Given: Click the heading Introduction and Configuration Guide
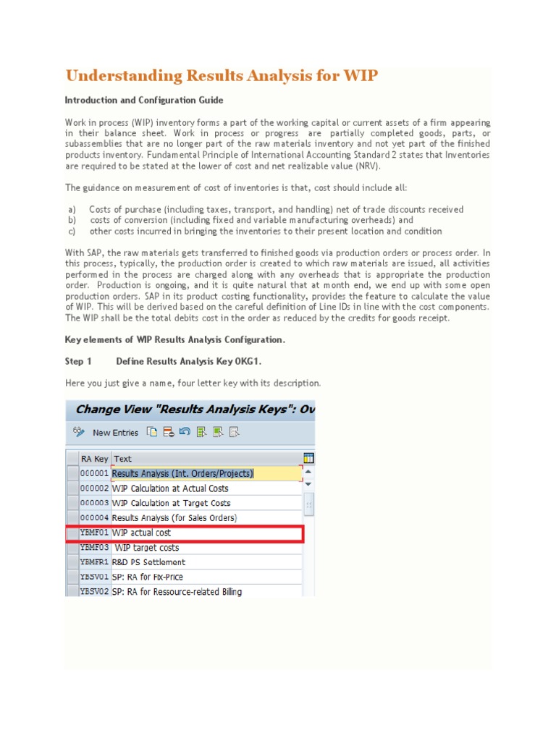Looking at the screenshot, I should pyautogui.click(x=143, y=100).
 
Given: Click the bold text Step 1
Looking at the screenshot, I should pyautogui.click(x=78, y=361).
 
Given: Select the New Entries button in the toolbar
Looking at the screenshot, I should pyautogui.click(x=115, y=433).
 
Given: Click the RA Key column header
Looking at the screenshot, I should pyautogui.click(x=94, y=459).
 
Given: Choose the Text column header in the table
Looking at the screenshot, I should pyautogui.click(x=123, y=459).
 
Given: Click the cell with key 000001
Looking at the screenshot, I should pyautogui.click(x=94, y=474).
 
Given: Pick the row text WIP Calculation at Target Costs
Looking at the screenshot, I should pyautogui.click(x=171, y=504).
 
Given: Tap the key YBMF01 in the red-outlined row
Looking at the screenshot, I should pyautogui.click(x=94, y=533).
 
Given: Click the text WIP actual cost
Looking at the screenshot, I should pyautogui.click(x=142, y=533).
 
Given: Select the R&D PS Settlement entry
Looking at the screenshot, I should pyautogui.click(x=148, y=562).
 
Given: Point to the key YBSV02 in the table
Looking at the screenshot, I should pyautogui.click(x=94, y=592).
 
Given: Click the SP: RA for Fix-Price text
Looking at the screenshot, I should pyautogui.click(x=148, y=577).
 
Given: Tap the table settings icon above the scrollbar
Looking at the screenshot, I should pyautogui.click(x=309, y=458).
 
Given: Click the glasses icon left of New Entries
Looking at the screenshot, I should pyautogui.click(x=77, y=432).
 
